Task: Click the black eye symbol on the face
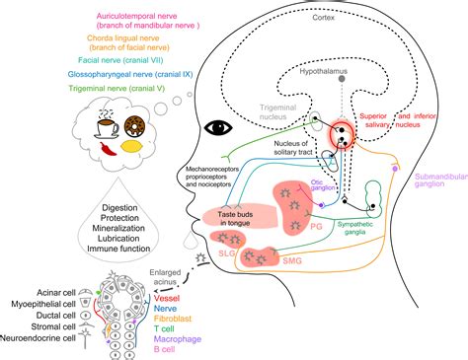[216, 127]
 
